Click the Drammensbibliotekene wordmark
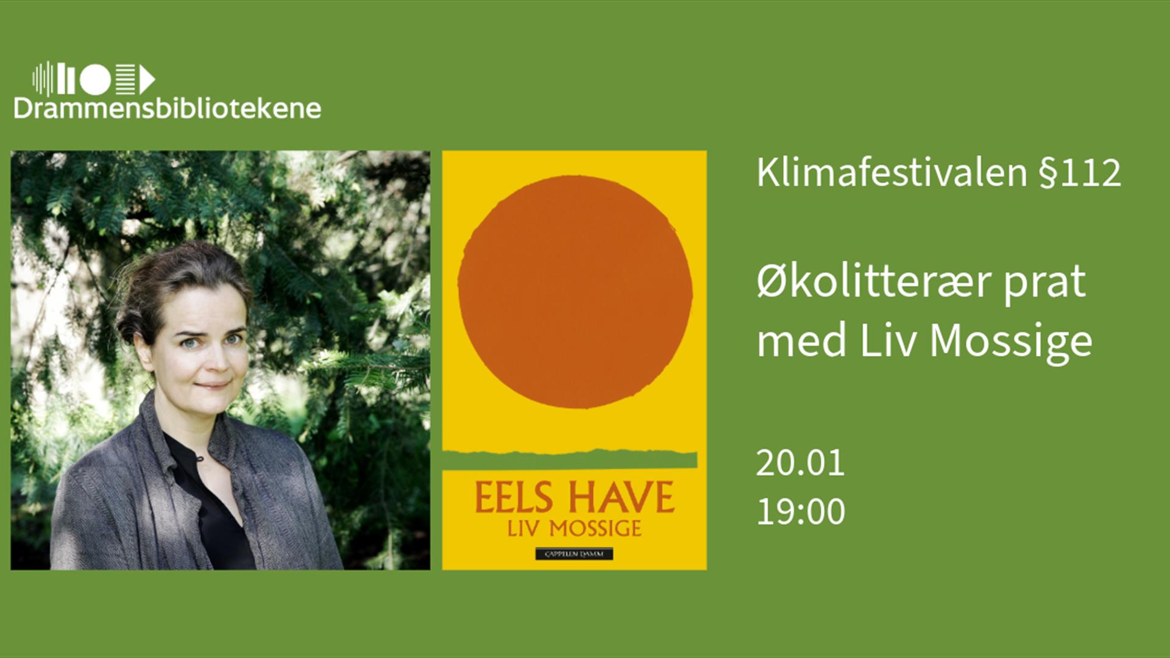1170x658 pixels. [x=167, y=108]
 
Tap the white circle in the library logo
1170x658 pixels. [x=95, y=79]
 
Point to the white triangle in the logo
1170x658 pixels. [x=146, y=80]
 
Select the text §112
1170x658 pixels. [x=1080, y=173]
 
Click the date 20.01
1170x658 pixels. [x=800, y=463]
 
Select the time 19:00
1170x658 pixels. [x=800, y=511]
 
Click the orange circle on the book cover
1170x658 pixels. [x=575, y=291]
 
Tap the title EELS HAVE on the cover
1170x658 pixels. [x=574, y=498]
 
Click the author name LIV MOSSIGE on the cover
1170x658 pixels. [x=574, y=528]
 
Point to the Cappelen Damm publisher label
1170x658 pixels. [x=574, y=554]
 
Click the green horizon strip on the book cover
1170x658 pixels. [x=570, y=459]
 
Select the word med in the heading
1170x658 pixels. [x=801, y=342]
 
